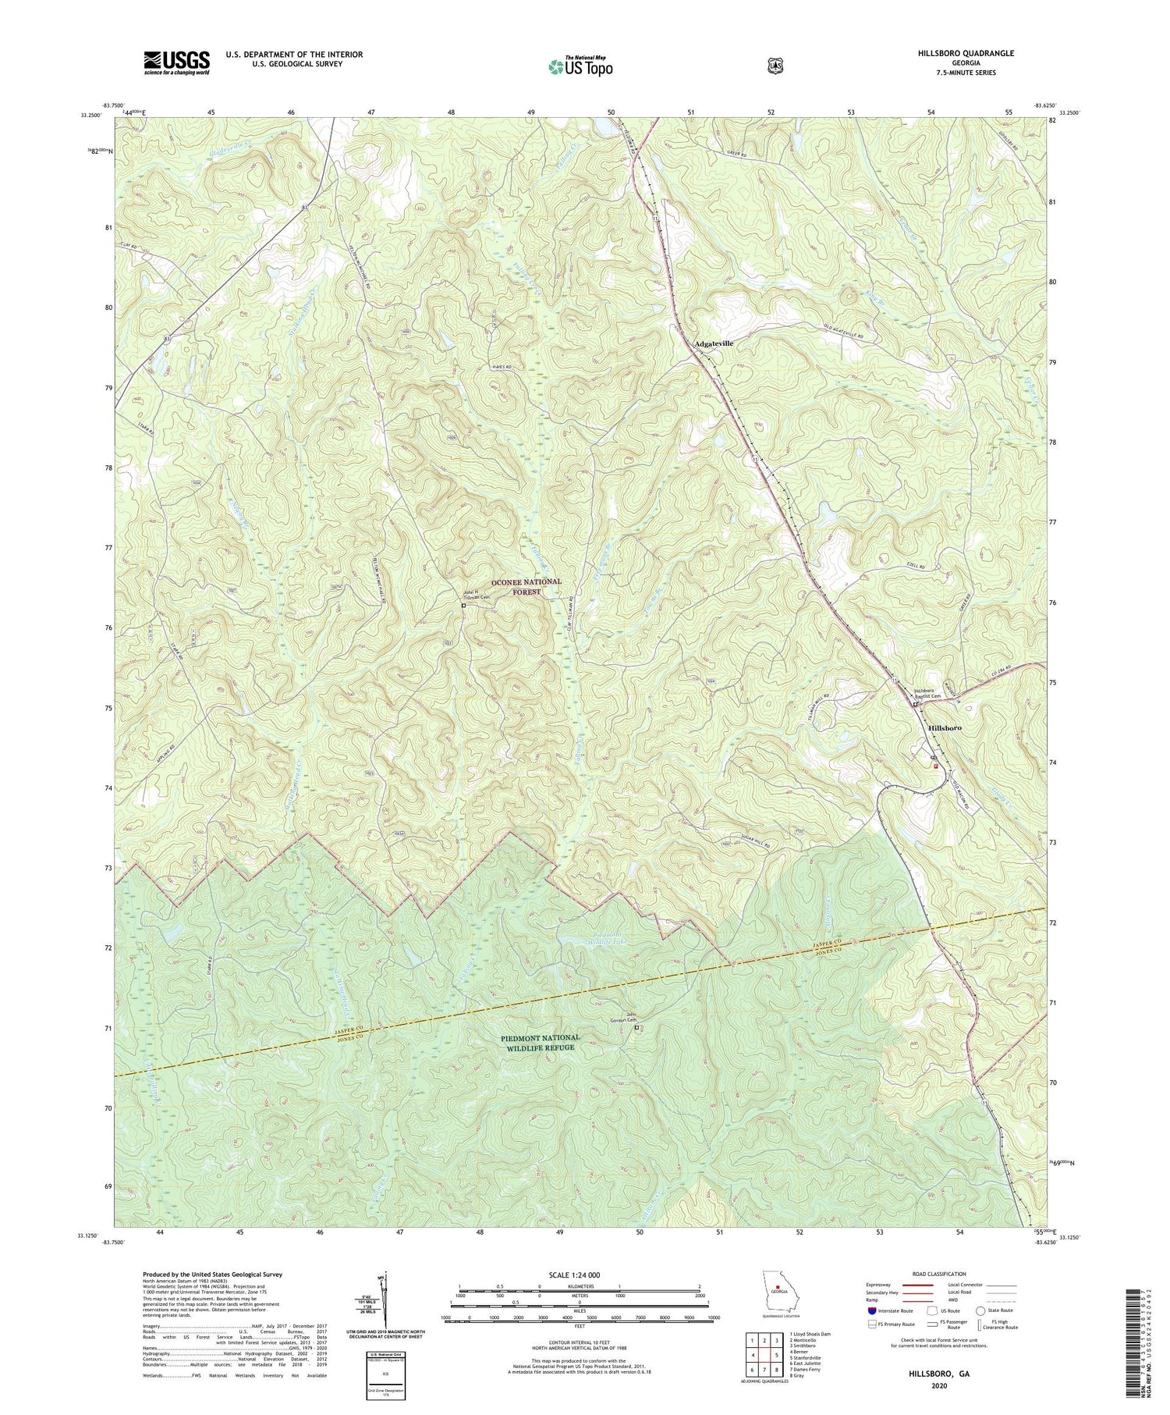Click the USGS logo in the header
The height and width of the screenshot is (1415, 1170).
point(176,62)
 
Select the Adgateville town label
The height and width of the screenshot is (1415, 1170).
point(714,343)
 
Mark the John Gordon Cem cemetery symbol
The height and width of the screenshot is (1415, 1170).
point(636,1028)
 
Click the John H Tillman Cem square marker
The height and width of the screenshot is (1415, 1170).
point(463,605)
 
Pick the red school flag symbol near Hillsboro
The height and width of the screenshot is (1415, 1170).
point(936,766)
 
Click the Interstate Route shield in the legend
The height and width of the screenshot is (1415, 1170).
point(871,1311)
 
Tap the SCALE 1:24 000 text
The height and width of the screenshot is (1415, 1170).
point(580,1275)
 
